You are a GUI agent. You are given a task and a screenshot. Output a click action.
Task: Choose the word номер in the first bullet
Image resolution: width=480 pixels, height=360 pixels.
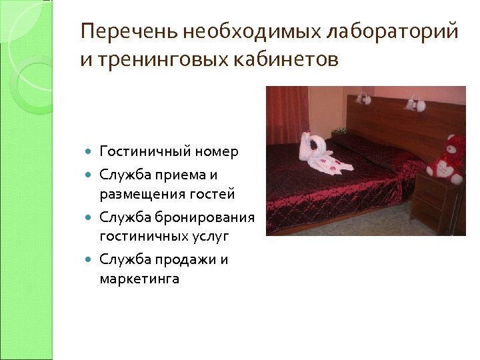pyautogui.click(x=217, y=152)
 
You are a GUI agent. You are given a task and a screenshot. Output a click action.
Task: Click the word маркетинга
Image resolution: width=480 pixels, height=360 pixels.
pyautogui.click(x=139, y=279)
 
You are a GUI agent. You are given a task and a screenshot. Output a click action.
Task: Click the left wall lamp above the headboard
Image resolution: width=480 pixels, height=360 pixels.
pyautogui.click(x=363, y=98)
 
